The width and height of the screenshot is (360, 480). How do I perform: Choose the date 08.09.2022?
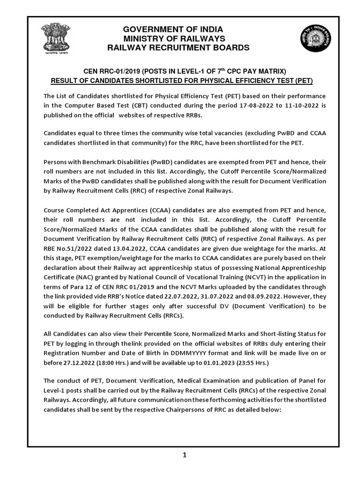pos(272,297)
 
